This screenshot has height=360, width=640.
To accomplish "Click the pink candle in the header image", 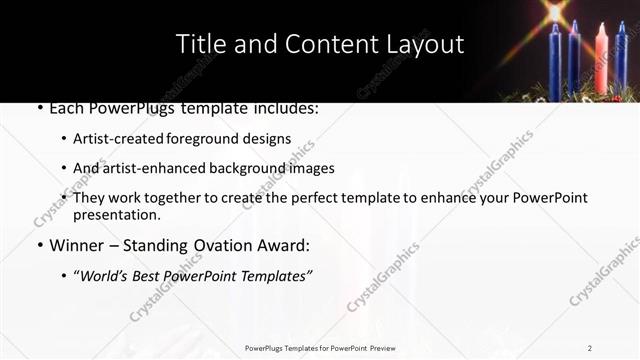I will point(601,59).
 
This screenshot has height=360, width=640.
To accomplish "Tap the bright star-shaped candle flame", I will point(556,14).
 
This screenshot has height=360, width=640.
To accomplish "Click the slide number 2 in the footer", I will point(590,348).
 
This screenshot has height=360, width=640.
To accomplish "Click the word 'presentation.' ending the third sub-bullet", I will point(117,214).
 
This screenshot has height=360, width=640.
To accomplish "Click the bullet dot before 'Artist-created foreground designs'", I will point(64,139).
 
